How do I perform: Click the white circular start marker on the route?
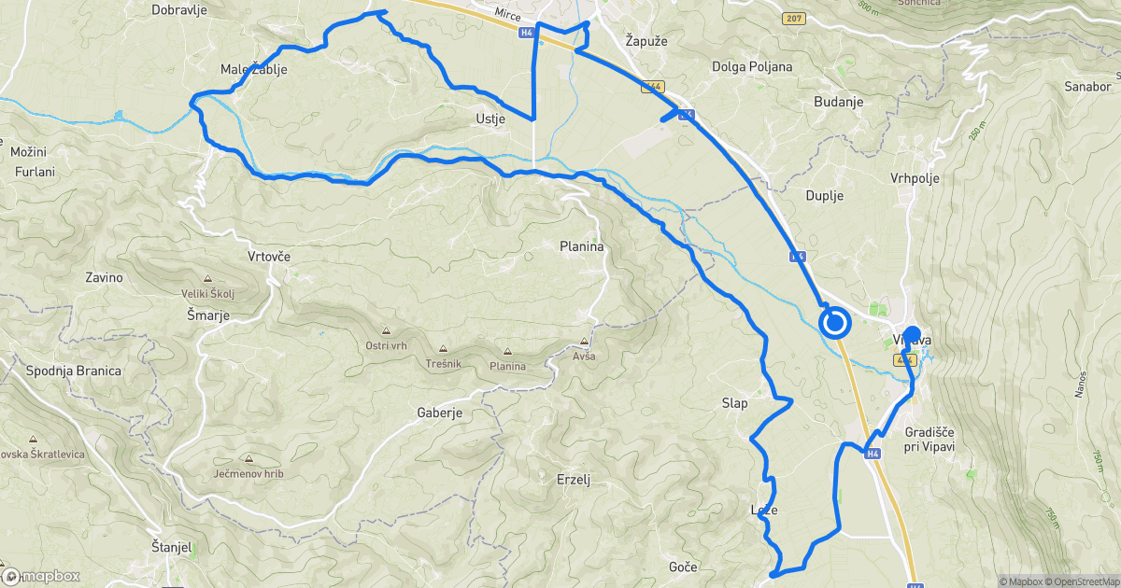(834, 324)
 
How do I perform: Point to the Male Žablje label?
(253, 69)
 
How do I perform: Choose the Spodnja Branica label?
(73, 371)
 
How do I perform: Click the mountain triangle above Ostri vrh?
(386, 330)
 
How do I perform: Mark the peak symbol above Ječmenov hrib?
(248, 458)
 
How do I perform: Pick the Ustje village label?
(490, 119)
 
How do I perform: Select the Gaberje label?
(440, 413)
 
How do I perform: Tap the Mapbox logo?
(42, 577)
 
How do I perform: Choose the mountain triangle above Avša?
(586, 342)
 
